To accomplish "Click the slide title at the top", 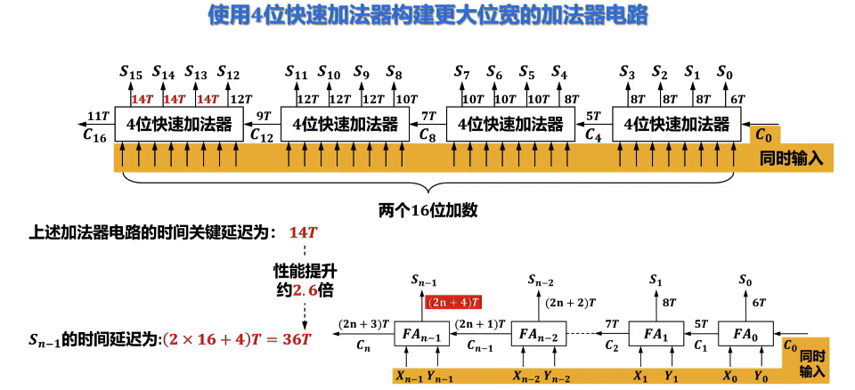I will click(427, 16).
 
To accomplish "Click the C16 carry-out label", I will click(94, 135).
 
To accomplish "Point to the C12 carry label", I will click(262, 135).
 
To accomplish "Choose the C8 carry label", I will click(427, 135).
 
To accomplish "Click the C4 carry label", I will click(593, 135).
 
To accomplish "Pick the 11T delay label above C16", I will click(98, 116).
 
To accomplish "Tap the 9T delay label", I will click(264, 116).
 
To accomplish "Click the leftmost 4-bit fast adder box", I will click(179, 124).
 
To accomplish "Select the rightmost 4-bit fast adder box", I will click(677, 124).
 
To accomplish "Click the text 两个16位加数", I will click(428, 210).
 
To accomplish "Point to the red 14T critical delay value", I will click(304, 233).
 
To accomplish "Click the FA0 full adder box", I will click(745, 335).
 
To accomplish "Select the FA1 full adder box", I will click(655, 335).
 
